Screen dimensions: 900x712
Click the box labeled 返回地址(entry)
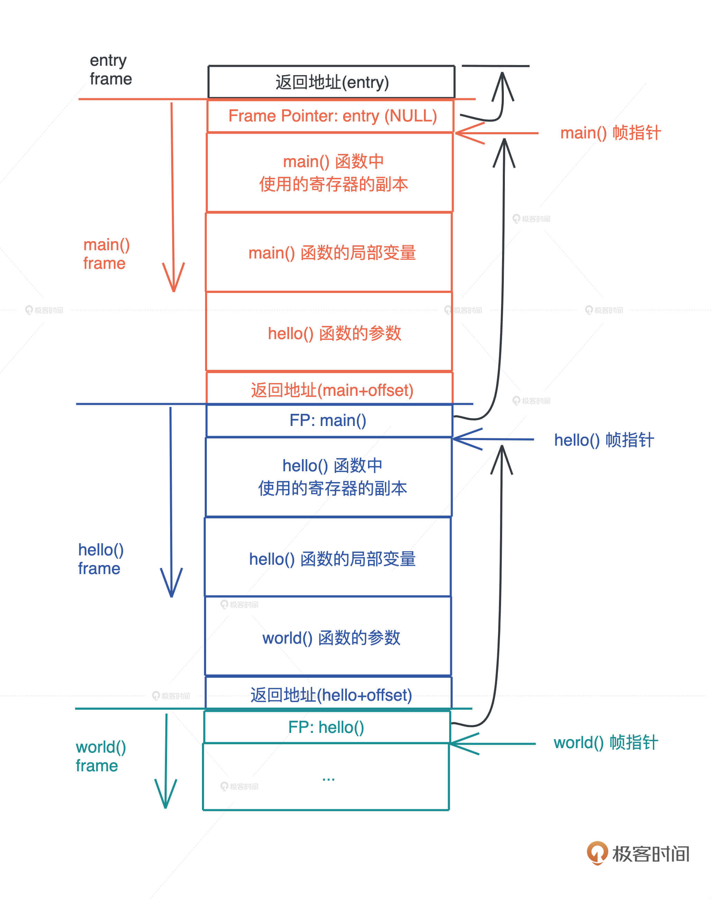(331, 82)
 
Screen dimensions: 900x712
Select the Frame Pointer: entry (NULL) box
(331, 116)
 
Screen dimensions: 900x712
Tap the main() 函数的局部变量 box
(331, 252)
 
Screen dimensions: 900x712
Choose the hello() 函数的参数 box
(331, 333)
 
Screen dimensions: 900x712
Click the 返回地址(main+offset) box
(331, 389)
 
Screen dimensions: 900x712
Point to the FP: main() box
(329, 420)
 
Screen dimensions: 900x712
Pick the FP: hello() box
(327, 727)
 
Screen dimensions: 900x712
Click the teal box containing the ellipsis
(327, 776)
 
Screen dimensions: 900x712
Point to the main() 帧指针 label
(610, 133)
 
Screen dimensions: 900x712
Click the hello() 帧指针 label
(604, 440)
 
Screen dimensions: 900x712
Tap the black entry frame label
(110, 70)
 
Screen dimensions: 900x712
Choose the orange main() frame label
(106, 254)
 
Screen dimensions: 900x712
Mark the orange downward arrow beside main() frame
(173, 196)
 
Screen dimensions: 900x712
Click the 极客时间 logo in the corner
(638, 853)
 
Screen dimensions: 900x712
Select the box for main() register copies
(331, 173)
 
